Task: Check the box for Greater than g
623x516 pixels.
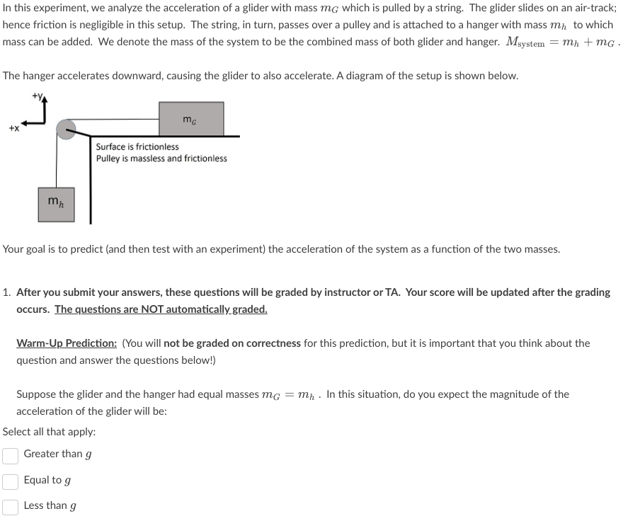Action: pyautogui.click(x=10, y=455)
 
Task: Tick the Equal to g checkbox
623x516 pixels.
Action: pyautogui.click(x=10, y=481)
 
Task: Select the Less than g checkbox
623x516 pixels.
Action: pyautogui.click(x=10, y=507)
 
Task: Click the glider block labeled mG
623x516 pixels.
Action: pyautogui.click(x=191, y=119)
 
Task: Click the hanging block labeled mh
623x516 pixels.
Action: pyautogui.click(x=56, y=203)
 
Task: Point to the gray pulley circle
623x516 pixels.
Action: pyautogui.click(x=67, y=130)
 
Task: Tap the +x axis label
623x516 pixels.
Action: pyautogui.click(x=13, y=129)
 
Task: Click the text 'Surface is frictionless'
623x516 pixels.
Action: pyautogui.click(x=137, y=147)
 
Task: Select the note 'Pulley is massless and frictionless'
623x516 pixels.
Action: pyautogui.click(x=161, y=159)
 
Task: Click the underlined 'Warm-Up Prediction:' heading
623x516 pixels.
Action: pyautogui.click(x=67, y=343)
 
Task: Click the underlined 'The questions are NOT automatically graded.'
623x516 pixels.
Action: pyautogui.click(x=161, y=309)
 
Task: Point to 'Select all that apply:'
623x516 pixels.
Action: pyautogui.click(x=50, y=432)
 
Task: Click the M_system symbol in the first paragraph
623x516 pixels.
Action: pyautogui.click(x=525, y=42)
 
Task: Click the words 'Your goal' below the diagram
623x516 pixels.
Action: pyautogui.click(x=24, y=249)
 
